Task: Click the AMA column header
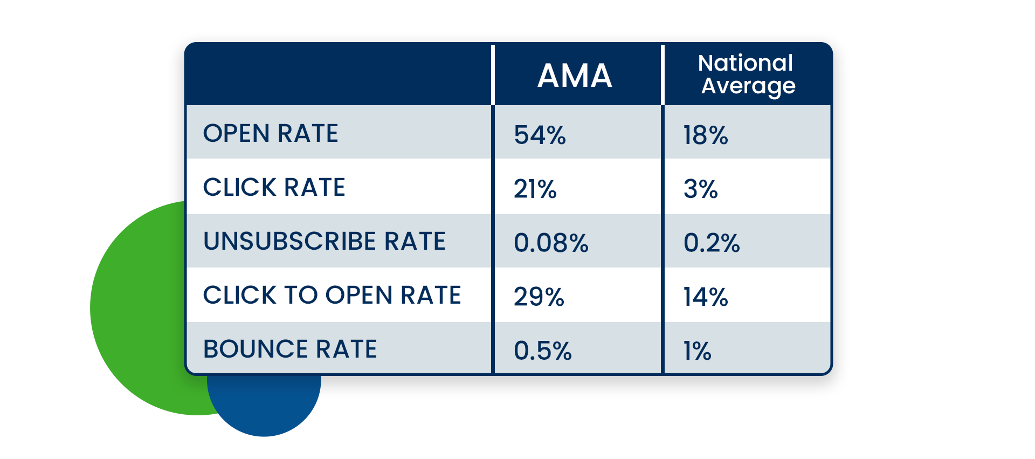(x=575, y=76)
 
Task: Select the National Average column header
(x=747, y=74)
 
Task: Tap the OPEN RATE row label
(x=270, y=133)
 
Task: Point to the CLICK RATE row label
(x=274, y=187)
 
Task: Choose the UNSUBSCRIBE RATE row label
(x=324, y=241)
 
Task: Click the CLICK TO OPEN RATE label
(x=332, y=295)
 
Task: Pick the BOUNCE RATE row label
(x=290, y=349)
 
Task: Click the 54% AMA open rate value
(x=540, y=135)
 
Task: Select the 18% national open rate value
(x=705, y=135)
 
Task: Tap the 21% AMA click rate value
(x=535, y=189)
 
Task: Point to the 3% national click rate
(x=700, y=189)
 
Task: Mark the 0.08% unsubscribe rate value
(x=551, y=243)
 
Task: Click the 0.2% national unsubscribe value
(x=712, y=243)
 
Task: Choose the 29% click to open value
(x=539, y=297)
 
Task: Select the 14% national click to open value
(x=705, y=297)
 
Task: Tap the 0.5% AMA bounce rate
(x=542, y=351)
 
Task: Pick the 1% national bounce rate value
(x=697, y=351)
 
